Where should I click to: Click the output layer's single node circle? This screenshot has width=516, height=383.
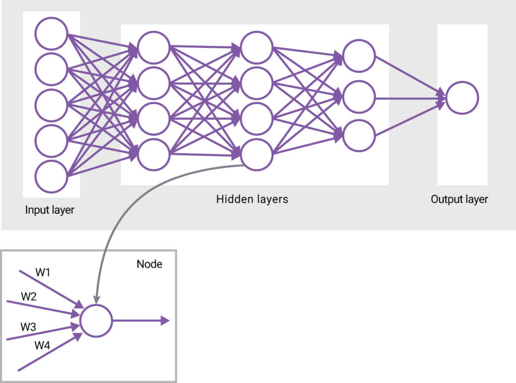click(x=462, y=97)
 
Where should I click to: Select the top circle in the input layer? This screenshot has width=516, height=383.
click(x=51, y=34)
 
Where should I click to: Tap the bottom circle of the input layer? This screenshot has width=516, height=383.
click(x=51, y=176)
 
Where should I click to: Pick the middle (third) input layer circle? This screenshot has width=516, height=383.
click(x=51, y=105)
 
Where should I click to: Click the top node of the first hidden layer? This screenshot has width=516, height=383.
click(x=153, y=48)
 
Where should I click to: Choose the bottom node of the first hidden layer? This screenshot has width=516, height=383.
click(x=153, y=155)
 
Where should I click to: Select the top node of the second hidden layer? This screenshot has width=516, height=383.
click(x=256, y=48)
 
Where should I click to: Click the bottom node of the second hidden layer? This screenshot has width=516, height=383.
click(x=256, y=155)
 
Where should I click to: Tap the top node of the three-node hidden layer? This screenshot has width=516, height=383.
click(x=359, y=56)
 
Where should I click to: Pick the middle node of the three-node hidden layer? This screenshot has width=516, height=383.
click(x=359, y=96)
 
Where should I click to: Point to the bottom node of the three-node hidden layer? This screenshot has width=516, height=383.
click(x=359, y=136)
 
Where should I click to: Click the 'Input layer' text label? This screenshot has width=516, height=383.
click(x=49, y=210)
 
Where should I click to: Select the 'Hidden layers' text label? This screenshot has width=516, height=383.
click(x=252, y=199)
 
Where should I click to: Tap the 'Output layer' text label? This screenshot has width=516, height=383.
click(x=459, y=199)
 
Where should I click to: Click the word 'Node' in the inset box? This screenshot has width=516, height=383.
click(x=150, y=264)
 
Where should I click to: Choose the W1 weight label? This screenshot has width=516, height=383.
click(x=43, y=273)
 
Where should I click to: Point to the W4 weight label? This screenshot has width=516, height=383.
click(x=42, y=345)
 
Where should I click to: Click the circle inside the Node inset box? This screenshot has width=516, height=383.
click(x=96, y=321)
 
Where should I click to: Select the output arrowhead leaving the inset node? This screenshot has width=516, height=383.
click(x=165, y=321)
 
